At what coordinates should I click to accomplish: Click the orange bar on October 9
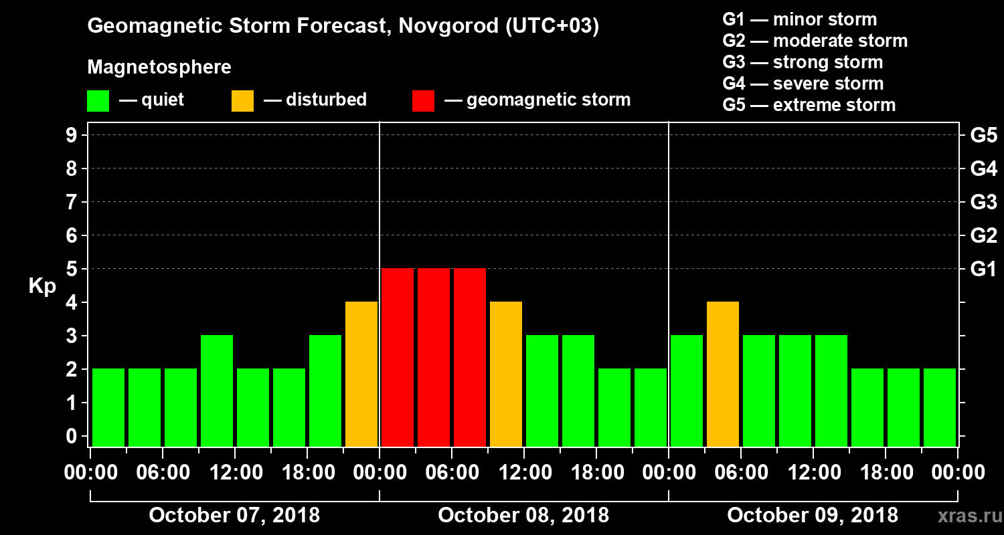[723, 374]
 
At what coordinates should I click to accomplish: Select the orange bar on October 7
[361, 374]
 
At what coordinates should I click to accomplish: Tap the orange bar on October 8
[506, 374]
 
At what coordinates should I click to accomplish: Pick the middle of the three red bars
[434, 357]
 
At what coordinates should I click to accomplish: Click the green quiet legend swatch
[98, 101]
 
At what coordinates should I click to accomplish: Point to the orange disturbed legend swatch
[242, 101]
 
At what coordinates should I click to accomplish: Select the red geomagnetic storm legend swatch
[423, 101]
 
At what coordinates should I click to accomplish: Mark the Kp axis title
[42, 286]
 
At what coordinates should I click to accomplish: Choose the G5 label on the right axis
[983, 136]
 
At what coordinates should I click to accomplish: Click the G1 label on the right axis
[983, 269]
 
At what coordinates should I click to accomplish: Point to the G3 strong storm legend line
[803, 62]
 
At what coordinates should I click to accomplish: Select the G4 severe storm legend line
[803, 84]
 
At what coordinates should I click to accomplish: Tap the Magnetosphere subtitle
[159, 68]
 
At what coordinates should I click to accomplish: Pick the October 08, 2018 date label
[523, 516]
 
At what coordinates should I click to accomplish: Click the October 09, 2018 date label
[813, 516]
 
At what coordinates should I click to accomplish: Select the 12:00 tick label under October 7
[236, 472]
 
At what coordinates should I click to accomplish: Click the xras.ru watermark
[965, 516]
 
